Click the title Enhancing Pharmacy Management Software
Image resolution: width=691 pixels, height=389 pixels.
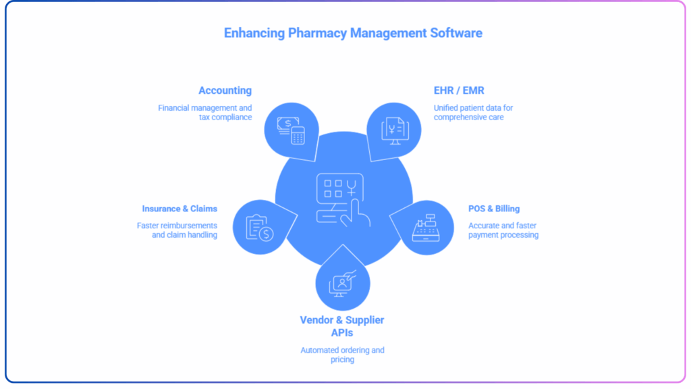click(353, 32)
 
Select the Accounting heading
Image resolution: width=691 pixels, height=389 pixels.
click(225, 90)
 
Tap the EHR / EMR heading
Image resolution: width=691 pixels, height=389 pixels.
click(459, 90)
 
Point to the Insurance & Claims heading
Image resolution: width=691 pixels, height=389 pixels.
click(179, 209)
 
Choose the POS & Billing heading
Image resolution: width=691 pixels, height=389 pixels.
click(494, 209)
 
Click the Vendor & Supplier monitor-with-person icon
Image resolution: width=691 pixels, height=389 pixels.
click(342, 284)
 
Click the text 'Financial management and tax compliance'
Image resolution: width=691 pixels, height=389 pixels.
click(205, 112)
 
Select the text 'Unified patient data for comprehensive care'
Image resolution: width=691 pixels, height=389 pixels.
click(474, 112)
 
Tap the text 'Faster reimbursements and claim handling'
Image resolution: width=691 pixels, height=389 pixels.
click(177, 230)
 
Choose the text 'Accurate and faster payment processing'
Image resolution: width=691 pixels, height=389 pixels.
click(503, 230)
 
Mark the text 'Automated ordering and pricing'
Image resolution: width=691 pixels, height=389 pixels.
click(342, 355)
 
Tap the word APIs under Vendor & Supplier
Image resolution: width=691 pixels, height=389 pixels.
click(342, 332)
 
